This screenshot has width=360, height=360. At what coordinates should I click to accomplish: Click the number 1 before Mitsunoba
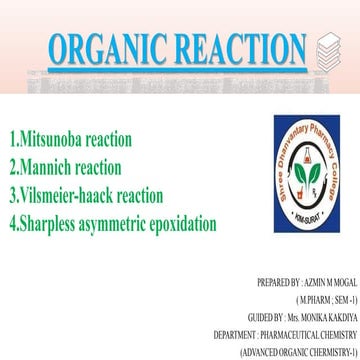[11, 135]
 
